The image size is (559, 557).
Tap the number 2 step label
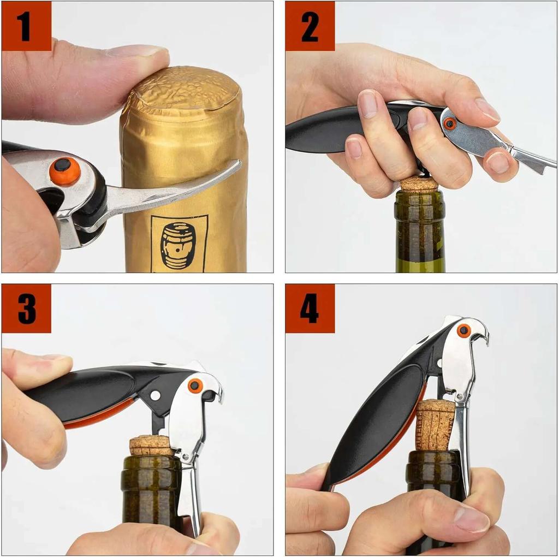click(310, 26)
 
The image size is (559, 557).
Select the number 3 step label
click(26, 309)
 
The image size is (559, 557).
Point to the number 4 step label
click(310, 309)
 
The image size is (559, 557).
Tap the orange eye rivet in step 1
click(64, 171)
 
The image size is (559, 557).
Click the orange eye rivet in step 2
click(450, 124)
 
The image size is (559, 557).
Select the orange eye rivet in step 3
click(195, 386)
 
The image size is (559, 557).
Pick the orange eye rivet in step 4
click(464, 330)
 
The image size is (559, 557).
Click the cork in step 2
click(420, 185)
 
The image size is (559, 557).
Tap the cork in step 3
click(152, 445)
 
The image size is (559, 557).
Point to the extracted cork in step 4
click(435, 424)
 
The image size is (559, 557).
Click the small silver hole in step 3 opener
click(155, 395)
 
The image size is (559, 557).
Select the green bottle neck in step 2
click(420, 232)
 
